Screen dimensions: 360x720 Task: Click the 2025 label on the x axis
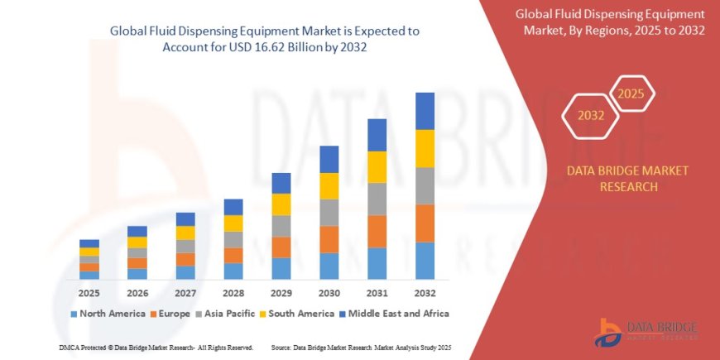click(x=89, y=293)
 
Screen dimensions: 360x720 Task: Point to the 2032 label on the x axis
click(x=425, y=293)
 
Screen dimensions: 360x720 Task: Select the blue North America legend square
click(x=74, y=314)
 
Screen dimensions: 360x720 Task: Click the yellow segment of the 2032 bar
click(x=425, y=148)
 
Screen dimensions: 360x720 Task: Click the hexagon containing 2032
click(x=592, y=115)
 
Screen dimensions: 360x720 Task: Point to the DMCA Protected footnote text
click(x=157, y=347)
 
